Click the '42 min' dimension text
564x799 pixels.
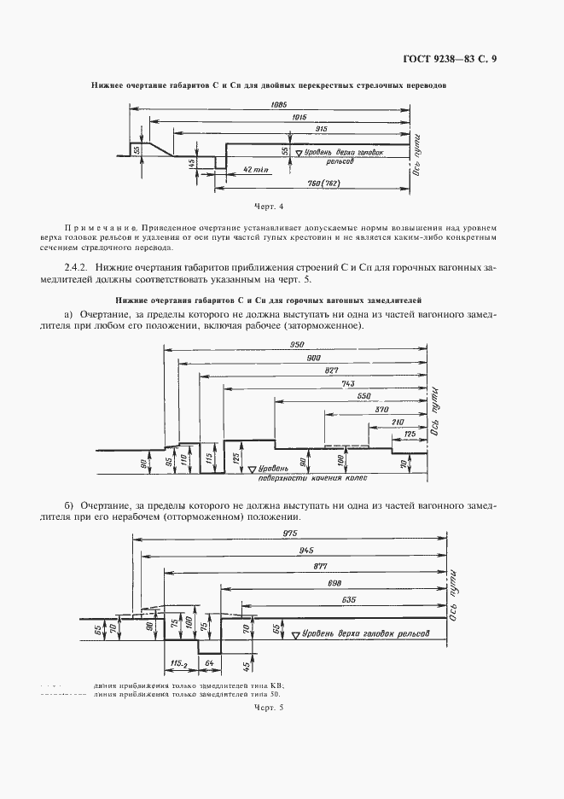click(x=256, y=170)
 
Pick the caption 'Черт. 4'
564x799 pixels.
click(x=269, y=207)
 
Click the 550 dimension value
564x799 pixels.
click(x=364, y=397)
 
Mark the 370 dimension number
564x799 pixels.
click(x=381, y=410)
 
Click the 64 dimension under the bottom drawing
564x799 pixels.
click(x=210, y=663)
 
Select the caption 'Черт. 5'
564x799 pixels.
click(x=269, y=707)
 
